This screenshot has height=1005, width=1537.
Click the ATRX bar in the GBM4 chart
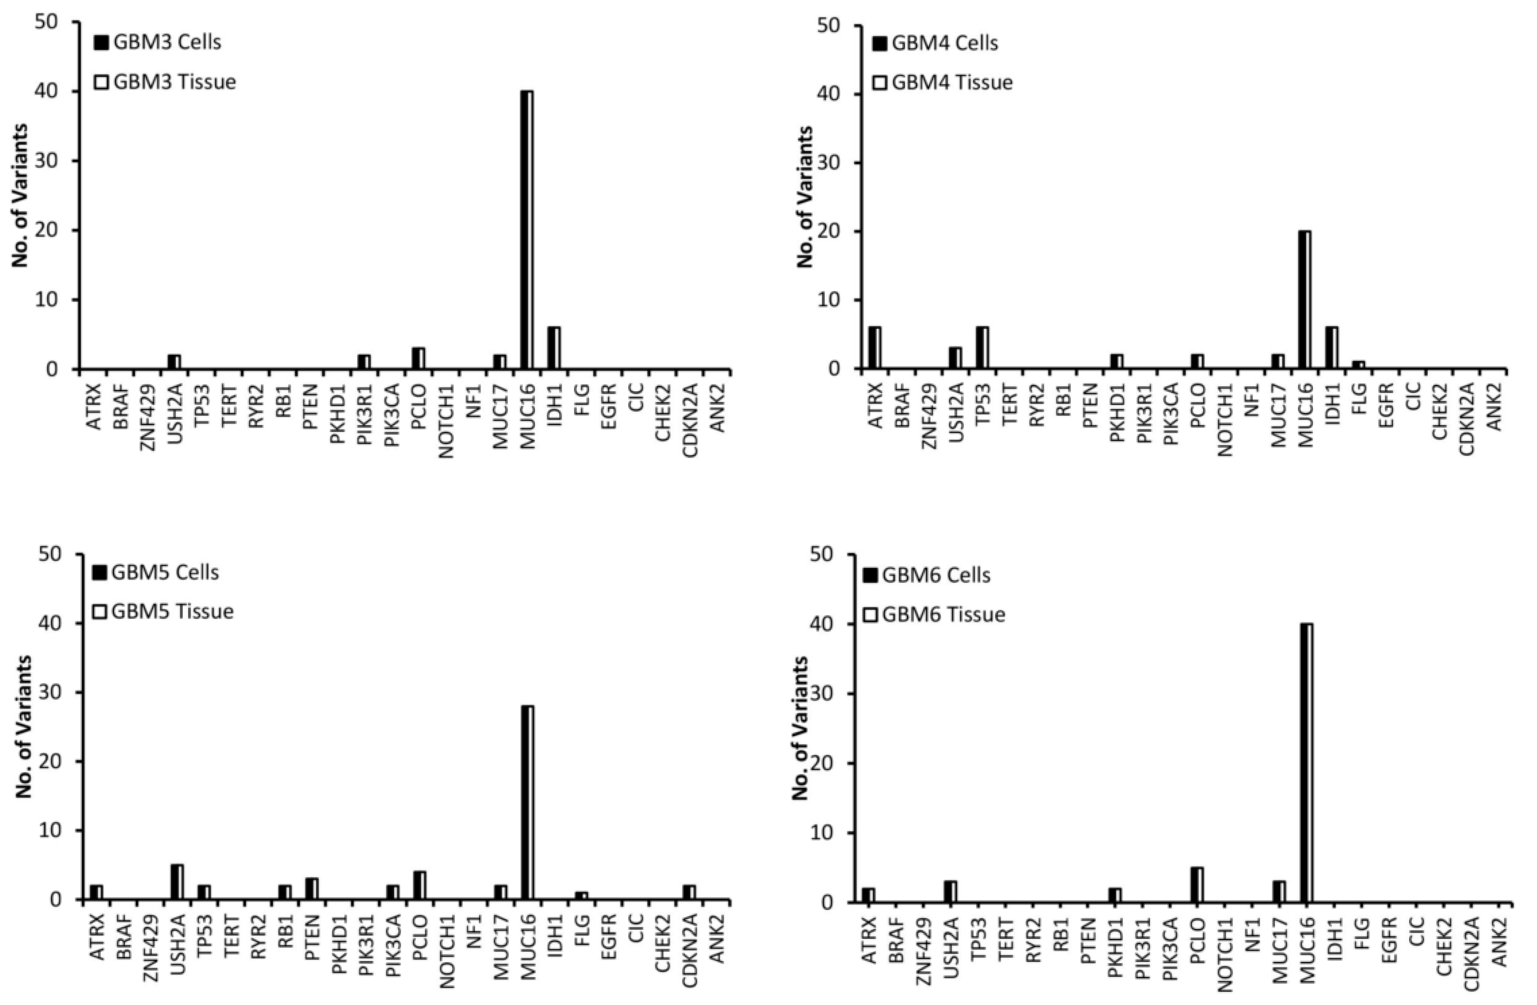click(874, 347)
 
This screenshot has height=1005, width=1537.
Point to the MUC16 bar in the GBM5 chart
click(527, 802)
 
